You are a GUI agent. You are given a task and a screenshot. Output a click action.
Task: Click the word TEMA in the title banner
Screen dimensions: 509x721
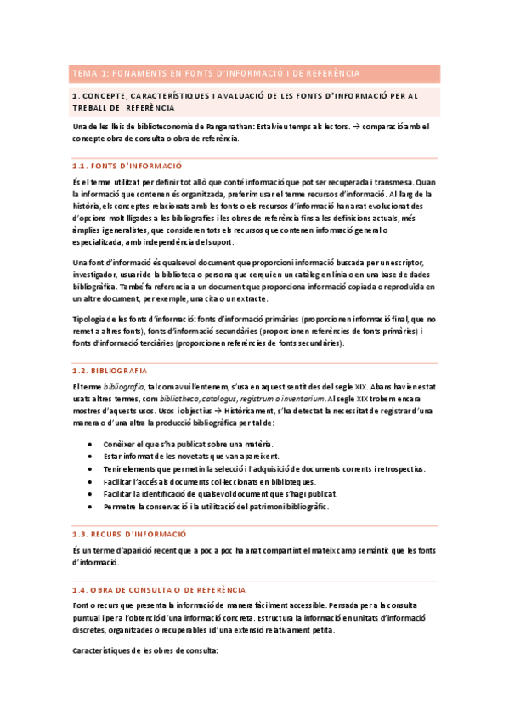(x=83, y=73)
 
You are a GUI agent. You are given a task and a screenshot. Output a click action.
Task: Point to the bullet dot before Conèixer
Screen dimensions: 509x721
(x=91, y=445)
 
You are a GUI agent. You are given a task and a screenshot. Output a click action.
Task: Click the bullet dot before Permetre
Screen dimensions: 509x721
(x=91, y=507)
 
